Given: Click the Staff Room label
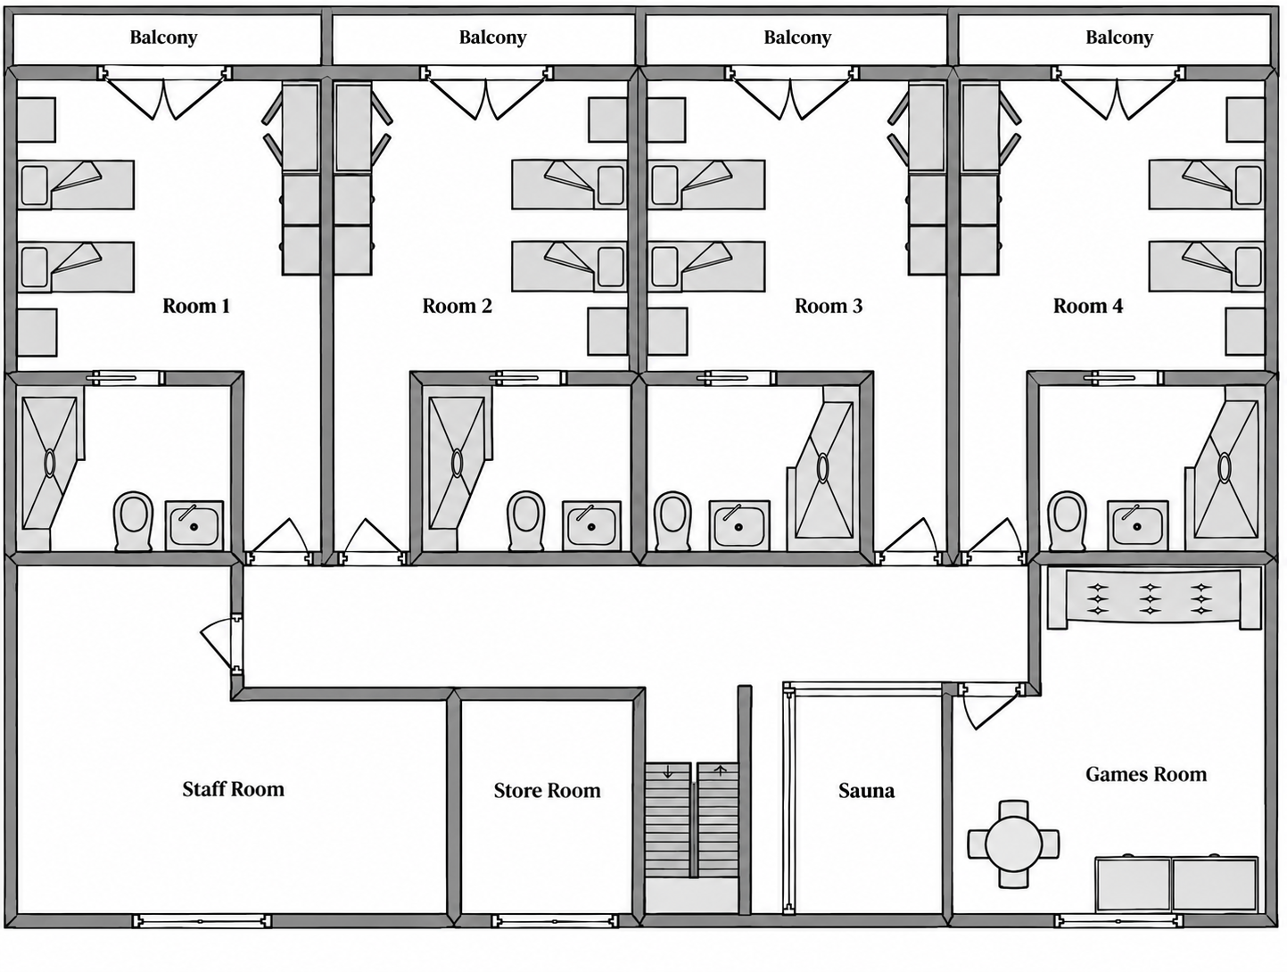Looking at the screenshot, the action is [234, 789].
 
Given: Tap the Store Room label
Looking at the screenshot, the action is [547, 790].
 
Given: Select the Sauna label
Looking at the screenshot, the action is [867, 790].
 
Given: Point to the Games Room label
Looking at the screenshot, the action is [1146, 774].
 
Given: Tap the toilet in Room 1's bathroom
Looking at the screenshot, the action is [134, 521].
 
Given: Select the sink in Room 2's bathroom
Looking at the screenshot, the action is [591, 525].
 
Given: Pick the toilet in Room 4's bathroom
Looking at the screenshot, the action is [1067, 521].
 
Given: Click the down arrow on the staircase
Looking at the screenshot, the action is [668, 773].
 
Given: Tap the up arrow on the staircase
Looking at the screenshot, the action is [721, 770].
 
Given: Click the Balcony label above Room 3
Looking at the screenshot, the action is [797, 37].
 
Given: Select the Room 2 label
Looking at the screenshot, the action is [458, 306].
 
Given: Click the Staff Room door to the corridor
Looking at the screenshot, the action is [226, 642].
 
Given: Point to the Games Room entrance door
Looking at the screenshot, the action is [991, 705].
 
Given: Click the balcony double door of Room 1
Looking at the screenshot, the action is [164, 94].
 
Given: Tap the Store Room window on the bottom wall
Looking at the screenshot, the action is [555, 921].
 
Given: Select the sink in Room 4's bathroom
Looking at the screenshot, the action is [1137, 525].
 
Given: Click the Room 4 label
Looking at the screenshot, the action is [1088, 306].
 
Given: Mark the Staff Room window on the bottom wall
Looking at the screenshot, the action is [202, 921].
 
